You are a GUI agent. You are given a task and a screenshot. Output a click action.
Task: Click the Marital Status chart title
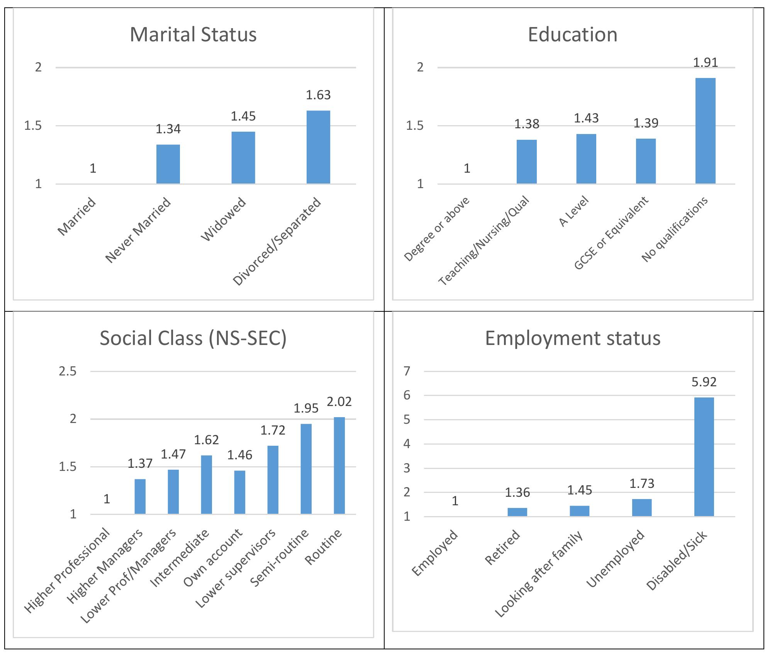tap(193, 34)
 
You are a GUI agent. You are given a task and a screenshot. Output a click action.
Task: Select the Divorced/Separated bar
tap(318, 147)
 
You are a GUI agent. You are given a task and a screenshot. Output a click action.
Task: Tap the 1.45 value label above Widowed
tap(243, 116)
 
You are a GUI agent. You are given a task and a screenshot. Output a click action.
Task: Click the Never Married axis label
tap(138, 230)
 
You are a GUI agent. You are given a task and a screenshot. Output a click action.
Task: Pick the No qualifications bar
tap(705, 131)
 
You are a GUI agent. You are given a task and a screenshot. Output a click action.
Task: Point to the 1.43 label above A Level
tap(586, 118)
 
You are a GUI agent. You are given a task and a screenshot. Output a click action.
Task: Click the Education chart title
tap(572, 34)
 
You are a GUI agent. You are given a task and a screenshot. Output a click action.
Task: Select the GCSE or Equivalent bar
tap(646, 161)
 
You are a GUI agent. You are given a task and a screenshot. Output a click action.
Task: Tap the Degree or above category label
tap(437, 229)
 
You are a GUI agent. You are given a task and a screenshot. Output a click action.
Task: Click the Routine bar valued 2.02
tap(339, 465)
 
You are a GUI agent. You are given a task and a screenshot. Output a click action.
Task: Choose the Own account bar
tap(239, 492)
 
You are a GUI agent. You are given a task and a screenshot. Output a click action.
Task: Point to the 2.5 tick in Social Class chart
tap(68, 372)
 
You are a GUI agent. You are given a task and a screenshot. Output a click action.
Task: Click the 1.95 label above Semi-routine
tap(306, 408)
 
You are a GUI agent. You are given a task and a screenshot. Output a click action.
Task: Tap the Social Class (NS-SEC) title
tap(193, 338)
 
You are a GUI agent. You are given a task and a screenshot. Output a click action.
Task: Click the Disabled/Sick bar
tap(704, 457)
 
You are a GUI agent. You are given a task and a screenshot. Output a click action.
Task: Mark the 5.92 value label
tap(704, 382)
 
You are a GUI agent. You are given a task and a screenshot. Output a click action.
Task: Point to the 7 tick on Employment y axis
tap(407, 372)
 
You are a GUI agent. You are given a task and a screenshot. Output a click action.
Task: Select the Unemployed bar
tap(642, 508)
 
